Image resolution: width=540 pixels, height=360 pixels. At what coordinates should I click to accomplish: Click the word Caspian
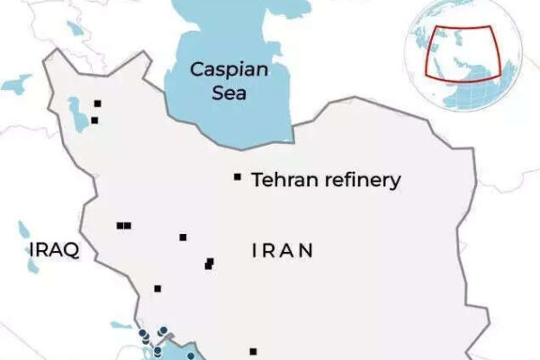coord(224,69)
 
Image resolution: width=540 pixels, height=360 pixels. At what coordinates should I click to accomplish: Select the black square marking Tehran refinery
coord(238,177)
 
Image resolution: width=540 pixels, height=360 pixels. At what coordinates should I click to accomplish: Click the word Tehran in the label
coord(281,180)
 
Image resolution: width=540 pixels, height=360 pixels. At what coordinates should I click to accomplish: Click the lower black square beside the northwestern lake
coord(94,120)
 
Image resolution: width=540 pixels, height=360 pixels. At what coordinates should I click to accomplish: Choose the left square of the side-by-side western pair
coord(120,226)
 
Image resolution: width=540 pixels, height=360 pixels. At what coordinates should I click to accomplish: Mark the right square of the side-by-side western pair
coord(128,226)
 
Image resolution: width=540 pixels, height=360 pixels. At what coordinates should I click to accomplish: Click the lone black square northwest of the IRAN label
coord(183,238)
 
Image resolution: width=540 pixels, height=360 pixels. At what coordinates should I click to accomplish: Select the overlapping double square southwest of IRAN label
coord(209,264)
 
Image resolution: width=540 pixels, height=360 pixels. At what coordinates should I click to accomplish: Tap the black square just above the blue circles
coord(157,289)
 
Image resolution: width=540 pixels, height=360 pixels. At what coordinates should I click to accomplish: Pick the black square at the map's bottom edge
coord(253,351)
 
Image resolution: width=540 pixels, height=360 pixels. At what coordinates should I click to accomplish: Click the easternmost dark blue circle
coord(192,356)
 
